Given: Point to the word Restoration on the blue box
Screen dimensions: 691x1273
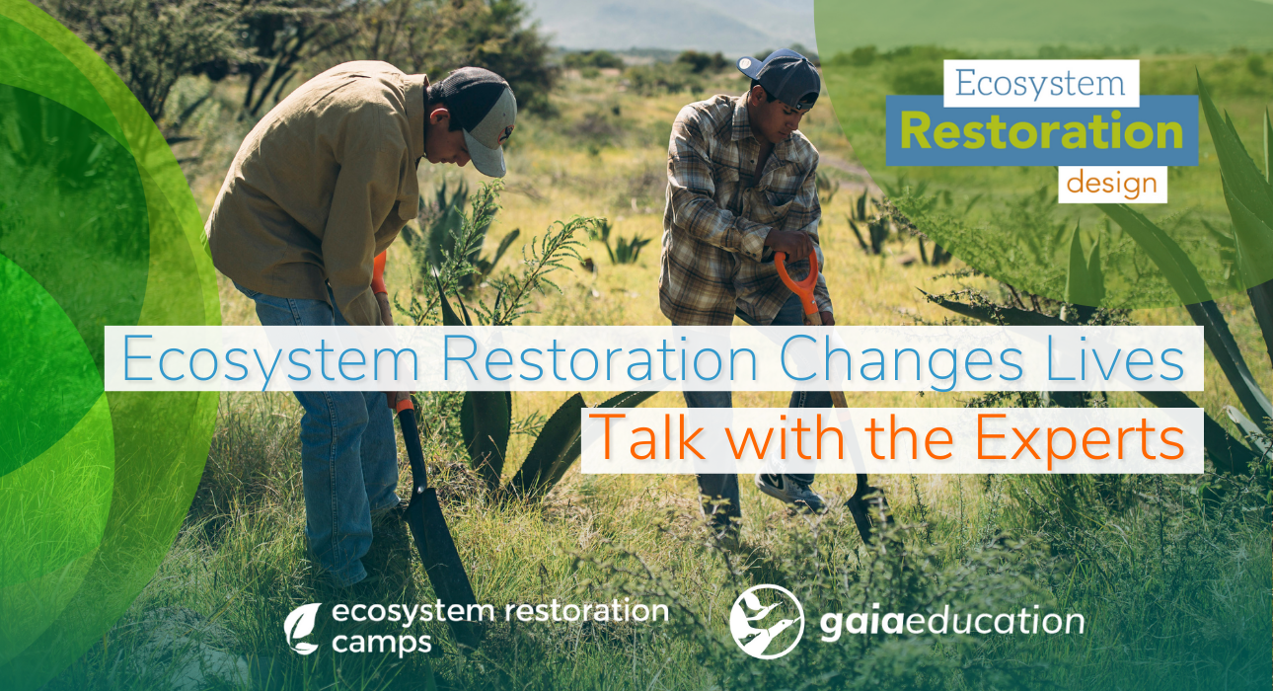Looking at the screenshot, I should coord(1041,131).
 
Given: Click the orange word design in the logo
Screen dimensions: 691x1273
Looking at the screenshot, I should coord(1112,185).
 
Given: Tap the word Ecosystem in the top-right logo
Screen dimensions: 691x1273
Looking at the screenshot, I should coord(1041,83).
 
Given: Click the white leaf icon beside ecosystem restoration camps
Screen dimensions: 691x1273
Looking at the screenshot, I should coord(302,629).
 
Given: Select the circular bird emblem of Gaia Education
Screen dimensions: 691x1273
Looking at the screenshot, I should coord(767,621).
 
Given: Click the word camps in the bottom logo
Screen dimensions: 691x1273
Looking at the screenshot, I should coord(381,644).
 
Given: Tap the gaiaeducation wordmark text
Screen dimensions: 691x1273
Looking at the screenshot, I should coord(950,622).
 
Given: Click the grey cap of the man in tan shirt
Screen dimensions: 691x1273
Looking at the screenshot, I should coord(484,123).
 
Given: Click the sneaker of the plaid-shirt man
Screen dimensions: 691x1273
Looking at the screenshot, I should coord(789,491).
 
